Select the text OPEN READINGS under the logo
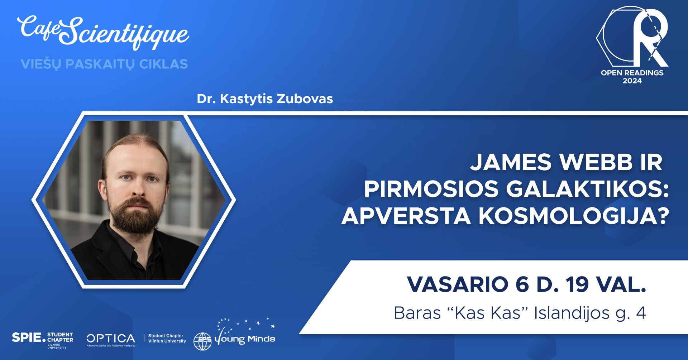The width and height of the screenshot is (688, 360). point(632,73)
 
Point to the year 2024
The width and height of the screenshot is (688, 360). point(632,81)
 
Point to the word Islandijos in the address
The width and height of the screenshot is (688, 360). point(572,313)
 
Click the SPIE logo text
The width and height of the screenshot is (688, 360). point(29,337)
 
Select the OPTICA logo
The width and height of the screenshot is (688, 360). point(111,339)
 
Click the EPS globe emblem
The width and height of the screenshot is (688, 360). point(203,341)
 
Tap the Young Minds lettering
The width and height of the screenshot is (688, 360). point(245,339)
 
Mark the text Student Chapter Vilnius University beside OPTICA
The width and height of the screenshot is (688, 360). point(167,339)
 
